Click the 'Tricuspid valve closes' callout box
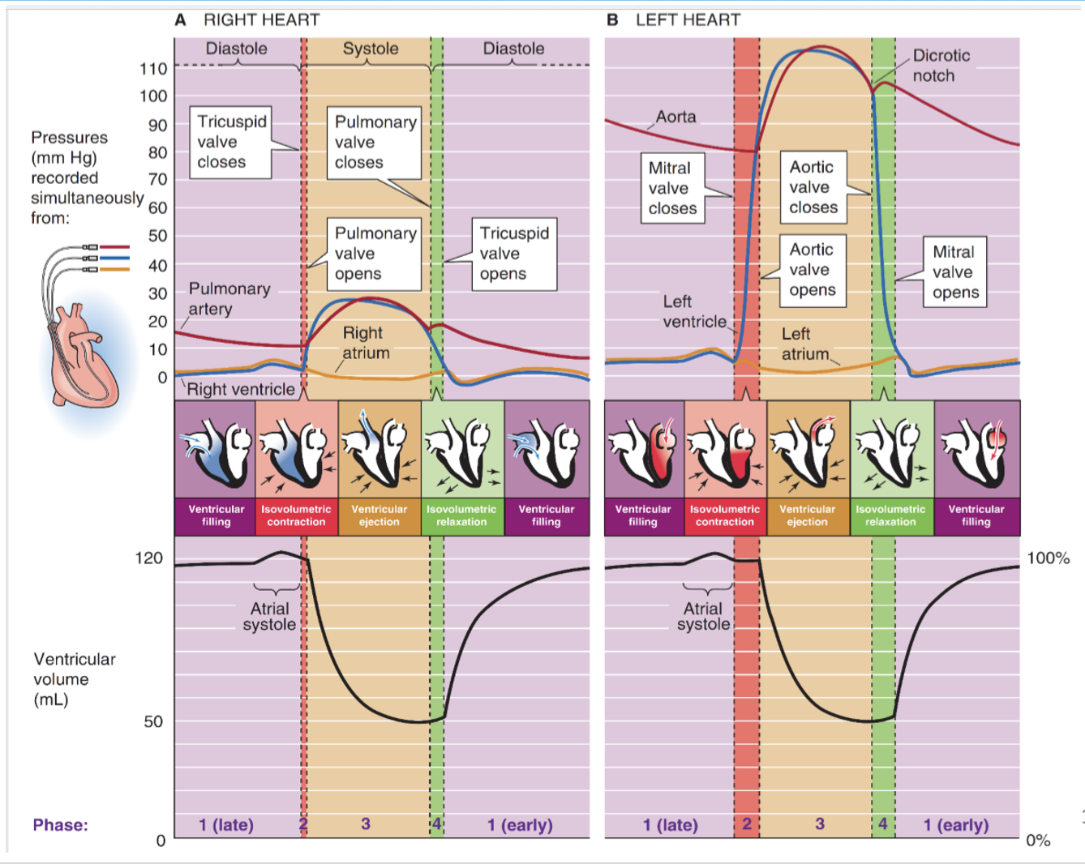click(230, 142)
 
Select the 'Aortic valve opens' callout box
click(813, 271)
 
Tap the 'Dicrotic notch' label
click(941, 66)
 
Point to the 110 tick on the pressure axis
click(153, 69)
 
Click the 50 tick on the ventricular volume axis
click(153, 721)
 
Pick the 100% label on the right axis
click(1049, 558)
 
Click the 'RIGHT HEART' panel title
click(261, 20)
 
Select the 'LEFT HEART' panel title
click(688, 20)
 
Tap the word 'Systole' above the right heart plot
click(371, 49)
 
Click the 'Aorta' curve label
click(675, 117)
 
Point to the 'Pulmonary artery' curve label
click(229, 299)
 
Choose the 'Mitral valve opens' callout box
click(955, 272)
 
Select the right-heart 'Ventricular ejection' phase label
click(380, 515)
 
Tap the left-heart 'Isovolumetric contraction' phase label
click(725, 515)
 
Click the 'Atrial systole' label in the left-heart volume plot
click(703, 617)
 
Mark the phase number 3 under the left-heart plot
click(820, 823)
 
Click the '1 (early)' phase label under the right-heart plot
click(520, 824)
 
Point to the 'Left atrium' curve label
click(805, 344)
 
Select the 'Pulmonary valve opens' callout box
click(374, 254)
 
